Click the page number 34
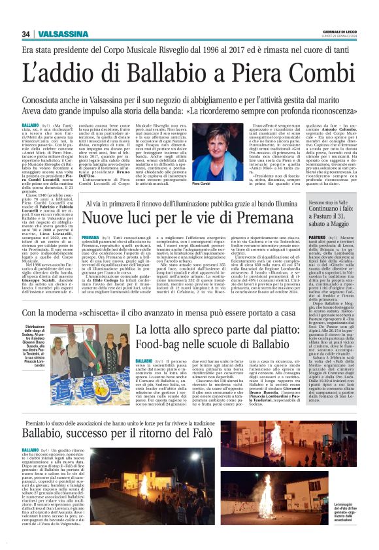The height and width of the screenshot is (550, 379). click(26, 35)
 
